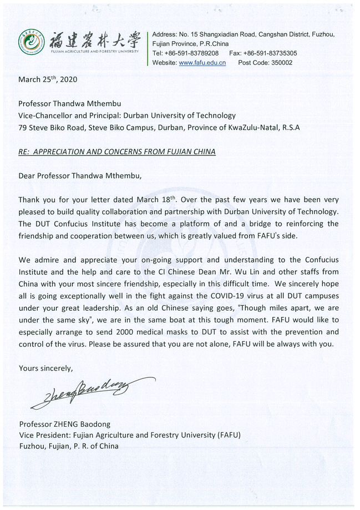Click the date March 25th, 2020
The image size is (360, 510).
[48, 79]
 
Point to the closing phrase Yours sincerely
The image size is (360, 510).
[45, 368]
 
